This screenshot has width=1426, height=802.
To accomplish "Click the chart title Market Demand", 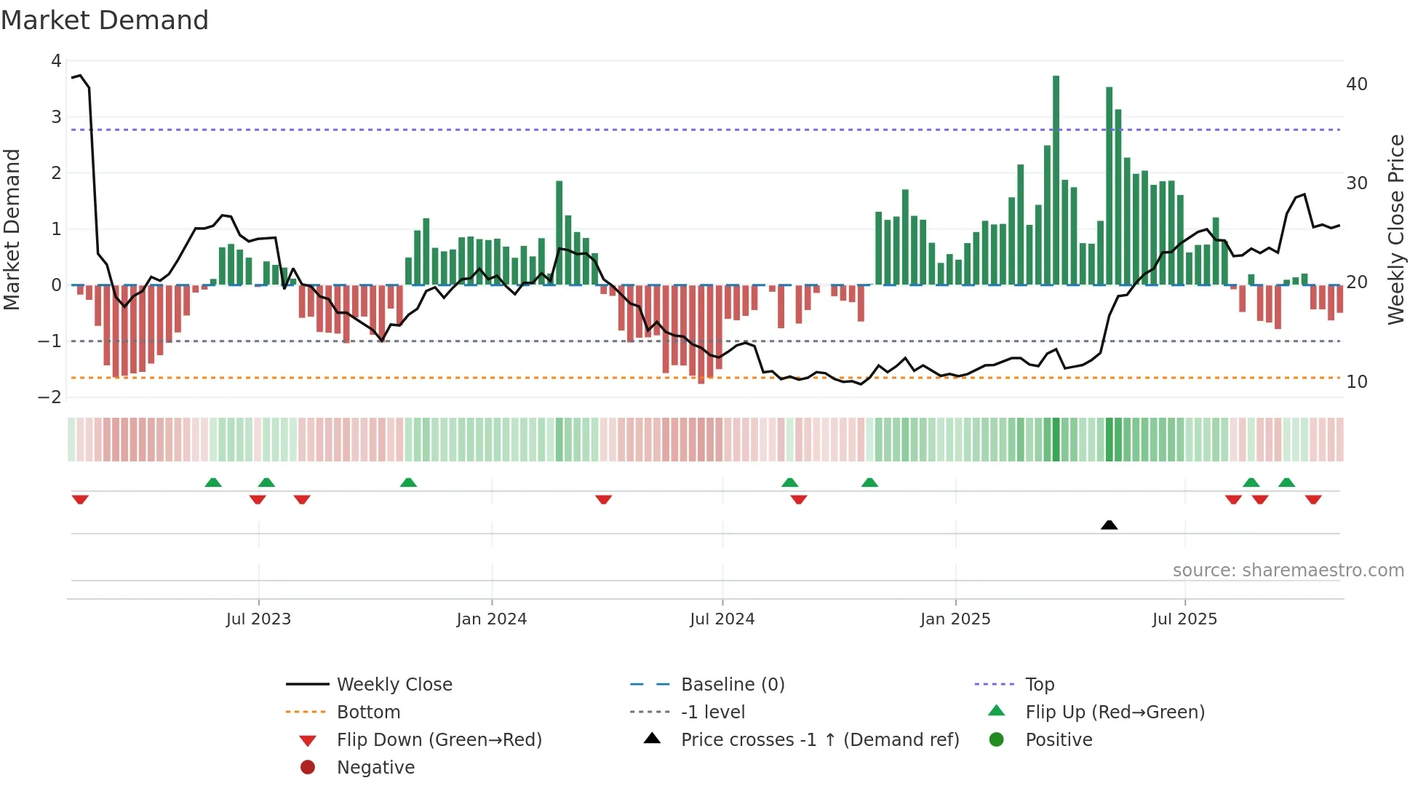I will [105, 20].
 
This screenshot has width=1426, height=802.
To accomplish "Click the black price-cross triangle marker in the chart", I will [1109, 525].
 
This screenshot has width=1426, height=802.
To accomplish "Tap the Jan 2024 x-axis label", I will [491, 619].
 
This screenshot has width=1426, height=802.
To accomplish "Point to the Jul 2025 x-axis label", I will [1184, 619].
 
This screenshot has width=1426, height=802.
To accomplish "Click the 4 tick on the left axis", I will [56, 61].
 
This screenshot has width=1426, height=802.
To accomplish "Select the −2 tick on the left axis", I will [50, 397].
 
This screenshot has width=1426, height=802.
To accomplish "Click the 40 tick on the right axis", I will [1356, 84].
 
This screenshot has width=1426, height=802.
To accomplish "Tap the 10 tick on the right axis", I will [1356, 382].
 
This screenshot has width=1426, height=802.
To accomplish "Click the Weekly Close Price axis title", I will [1395, 229].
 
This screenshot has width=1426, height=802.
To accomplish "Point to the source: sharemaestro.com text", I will [1288, 571].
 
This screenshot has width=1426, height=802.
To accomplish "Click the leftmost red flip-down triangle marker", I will [80, 499].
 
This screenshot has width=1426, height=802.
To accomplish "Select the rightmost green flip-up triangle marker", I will [1286, 483].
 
